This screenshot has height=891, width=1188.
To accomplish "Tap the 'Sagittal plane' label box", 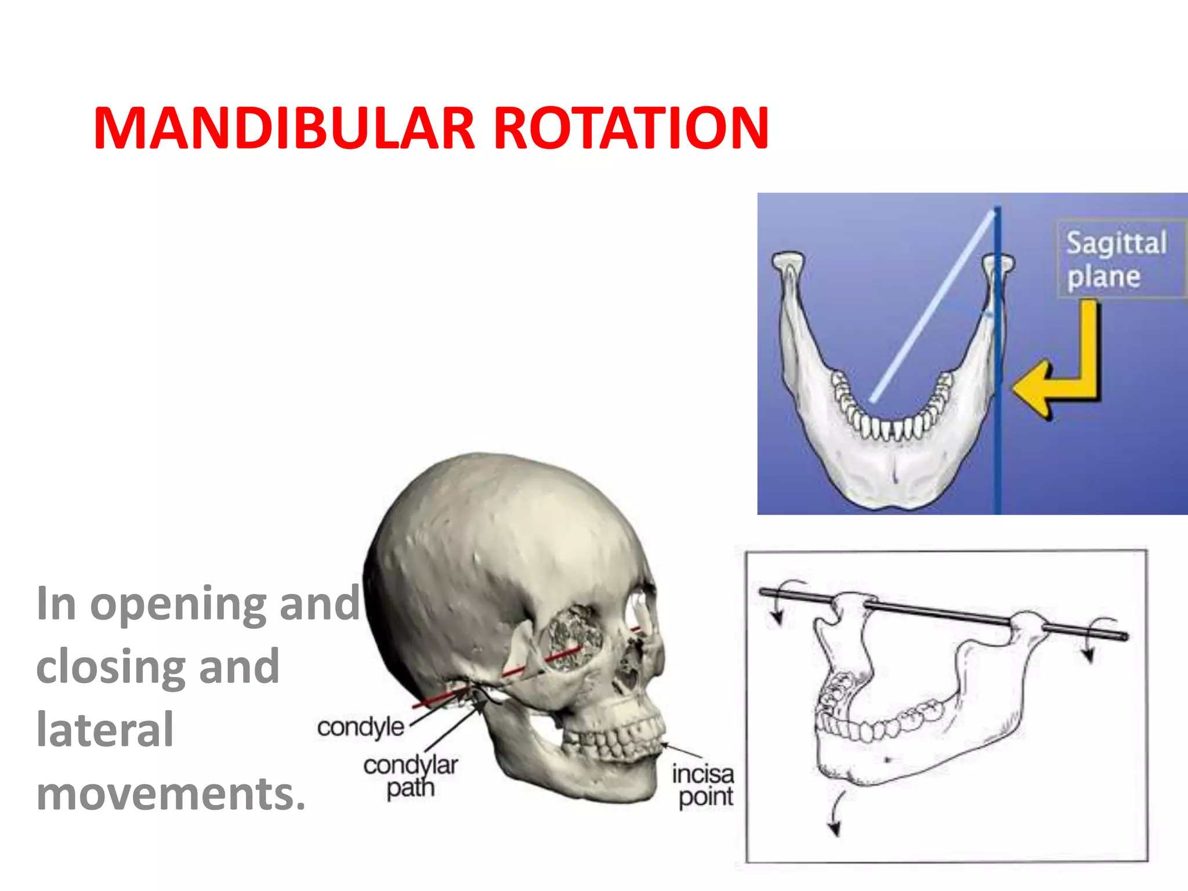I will (x=1117, y=259).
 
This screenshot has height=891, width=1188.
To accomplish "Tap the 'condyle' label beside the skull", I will (x=360, y=727).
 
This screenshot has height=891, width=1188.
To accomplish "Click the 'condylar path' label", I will (x=411, y=776).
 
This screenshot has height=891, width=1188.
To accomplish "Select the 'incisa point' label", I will (x=704, y=785).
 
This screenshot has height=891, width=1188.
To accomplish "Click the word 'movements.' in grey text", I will (x=171, y=794).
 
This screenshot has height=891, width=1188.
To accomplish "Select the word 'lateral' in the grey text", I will (x=105, y=730).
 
